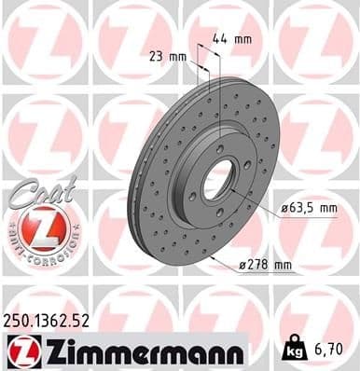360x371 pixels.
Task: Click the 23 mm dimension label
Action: pyautogui.click(x=165, y=57)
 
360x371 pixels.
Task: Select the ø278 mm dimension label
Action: pyautogui.click(x=264, y=266)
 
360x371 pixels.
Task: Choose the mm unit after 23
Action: pyautogui.click(x=176, y=57)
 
